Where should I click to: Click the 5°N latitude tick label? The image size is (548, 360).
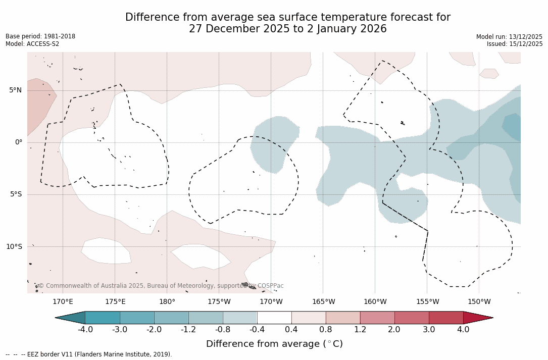[x=15, y=90]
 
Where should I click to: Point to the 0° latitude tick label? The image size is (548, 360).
[x=19, y=142]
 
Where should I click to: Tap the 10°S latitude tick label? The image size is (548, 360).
[x=14, y=247]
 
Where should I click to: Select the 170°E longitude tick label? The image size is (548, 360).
[x=63, y=302]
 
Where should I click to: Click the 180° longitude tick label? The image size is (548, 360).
[x=167, y=302]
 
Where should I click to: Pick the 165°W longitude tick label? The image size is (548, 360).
[x=323, y=302]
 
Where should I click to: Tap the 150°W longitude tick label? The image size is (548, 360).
[x=479, y=302]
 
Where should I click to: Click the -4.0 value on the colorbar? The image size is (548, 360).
[x=85, y=330]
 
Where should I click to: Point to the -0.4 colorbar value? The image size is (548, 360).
[x=257, y=330]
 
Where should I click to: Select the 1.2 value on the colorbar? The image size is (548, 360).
[x=360, y=330]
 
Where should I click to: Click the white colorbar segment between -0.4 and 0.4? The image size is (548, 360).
[x=274, y=318]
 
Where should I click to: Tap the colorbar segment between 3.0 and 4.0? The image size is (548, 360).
[x=446, y=318]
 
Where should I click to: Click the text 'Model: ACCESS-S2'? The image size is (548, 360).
[x=32, y=44]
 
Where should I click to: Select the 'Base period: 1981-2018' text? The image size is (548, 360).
[x=40, y=36]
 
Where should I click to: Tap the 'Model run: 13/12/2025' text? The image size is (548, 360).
[x=509, y=37]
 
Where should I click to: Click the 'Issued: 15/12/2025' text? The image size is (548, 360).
[x=515, y=44]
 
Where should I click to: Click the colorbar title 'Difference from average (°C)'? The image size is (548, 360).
[x=274, y=344]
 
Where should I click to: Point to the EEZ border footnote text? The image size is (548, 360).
[x=89, y=354]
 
